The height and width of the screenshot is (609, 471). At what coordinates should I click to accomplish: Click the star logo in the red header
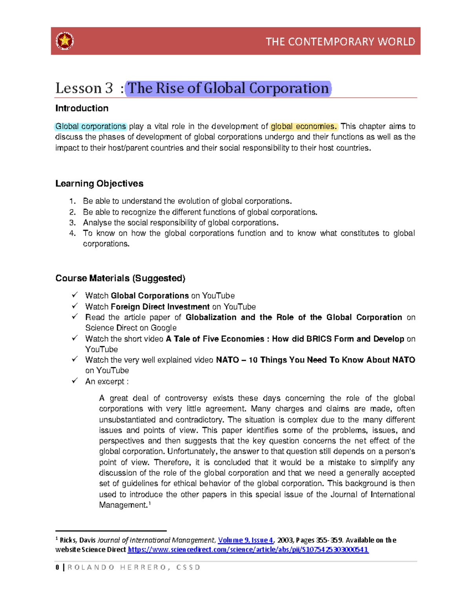(65, 41)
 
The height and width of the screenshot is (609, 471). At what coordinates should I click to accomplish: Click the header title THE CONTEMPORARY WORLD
(340, 42)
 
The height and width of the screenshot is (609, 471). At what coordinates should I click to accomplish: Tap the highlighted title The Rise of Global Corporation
(228, 88)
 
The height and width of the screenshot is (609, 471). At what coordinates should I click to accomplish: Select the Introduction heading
(82, 108)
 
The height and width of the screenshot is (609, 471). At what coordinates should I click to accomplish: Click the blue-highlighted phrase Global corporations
(91, 126)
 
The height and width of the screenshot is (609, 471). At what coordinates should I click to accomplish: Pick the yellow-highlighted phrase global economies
(303, 126)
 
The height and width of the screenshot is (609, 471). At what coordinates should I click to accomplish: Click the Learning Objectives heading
(99, 184)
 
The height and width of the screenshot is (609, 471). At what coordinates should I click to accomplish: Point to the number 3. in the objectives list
(72, 223)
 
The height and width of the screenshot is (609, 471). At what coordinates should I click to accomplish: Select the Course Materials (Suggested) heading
(120, 278)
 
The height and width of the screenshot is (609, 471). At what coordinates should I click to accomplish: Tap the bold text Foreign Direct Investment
(160, 307)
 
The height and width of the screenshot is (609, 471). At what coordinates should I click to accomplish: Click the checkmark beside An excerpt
(75, 381)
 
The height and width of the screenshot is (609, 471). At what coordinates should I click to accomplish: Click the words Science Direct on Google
(131, 328)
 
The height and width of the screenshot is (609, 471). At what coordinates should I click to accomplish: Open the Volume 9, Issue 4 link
(246, 540)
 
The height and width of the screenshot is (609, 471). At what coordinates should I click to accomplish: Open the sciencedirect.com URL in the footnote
(248, 549)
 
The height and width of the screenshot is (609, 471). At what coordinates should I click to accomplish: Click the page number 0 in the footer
(57, 567)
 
